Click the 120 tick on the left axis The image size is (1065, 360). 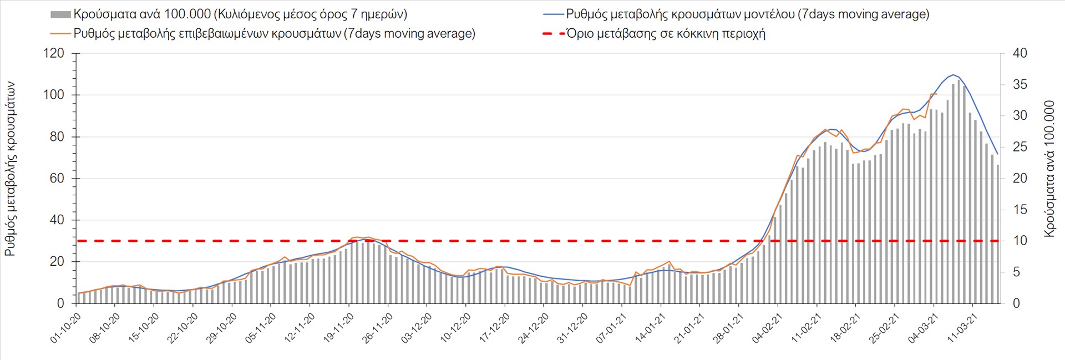click(53, 53)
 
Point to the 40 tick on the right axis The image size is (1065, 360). click(1020, 53)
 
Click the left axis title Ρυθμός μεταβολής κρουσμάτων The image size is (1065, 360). click(10, 169)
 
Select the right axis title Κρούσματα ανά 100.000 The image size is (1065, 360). click(1049, 169)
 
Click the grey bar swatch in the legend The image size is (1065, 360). click(60, 14)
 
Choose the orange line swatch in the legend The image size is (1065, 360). click(60, 34)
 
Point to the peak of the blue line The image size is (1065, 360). click(953, 74)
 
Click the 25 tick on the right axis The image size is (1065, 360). click(1020, 147)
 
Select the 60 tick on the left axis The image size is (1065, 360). click(53, 178)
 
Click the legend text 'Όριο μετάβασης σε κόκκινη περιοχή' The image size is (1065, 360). click(666, 34)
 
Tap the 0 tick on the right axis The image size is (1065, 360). click(1016, 303)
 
